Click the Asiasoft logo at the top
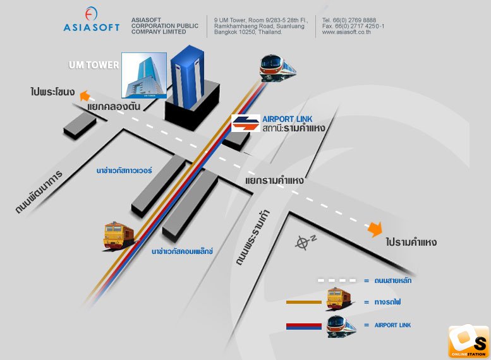click(x=92, y=20)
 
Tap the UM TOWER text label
click(x=94, y=65)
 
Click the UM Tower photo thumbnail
click(x=144, y=75)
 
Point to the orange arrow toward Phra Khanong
click(x=84, y=95)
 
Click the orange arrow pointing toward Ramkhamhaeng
click(x=375, y=229)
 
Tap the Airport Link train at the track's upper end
click(x=277, y=68)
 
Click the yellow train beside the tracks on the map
click(x=119, y=236)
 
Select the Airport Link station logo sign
click(x=246, y=123)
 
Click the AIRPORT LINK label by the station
click(x=287, y=119)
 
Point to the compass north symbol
click(x=305, y=243)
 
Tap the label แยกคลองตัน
click(x=114, y=107)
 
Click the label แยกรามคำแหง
click(x=274, y=181)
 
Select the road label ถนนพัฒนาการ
click(x=39, y=192)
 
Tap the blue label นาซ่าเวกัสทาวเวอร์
click(x=124, y=171)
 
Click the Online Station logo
click(x=468, y=342)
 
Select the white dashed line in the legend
click(x=337, y=280)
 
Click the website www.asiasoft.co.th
click(x=346, y=32)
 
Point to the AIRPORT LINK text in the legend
click(x=392, y=325)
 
